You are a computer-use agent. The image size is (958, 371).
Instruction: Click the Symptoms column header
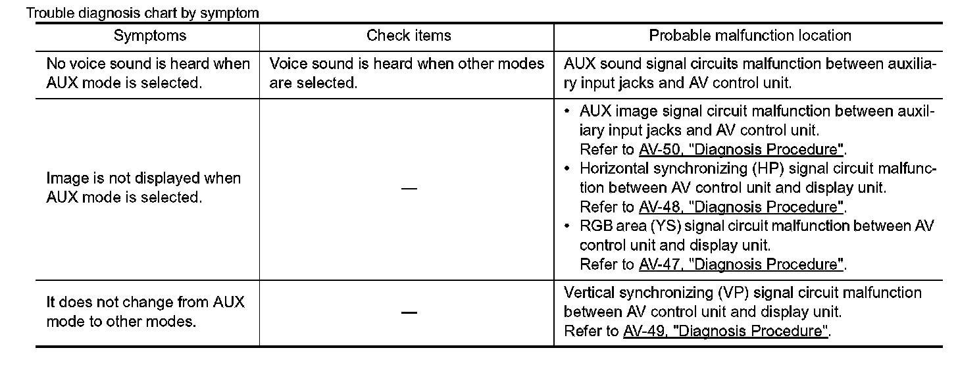pos(150,36)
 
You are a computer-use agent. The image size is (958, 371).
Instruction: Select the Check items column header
pos(409,36)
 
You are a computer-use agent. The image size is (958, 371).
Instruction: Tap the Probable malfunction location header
pos(750,36)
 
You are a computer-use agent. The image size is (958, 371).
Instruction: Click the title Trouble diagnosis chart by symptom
pos(143,12)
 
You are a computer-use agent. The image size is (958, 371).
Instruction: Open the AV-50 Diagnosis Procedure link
pos(742,149)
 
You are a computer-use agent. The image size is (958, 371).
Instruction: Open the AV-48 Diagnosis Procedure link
pos(742,207)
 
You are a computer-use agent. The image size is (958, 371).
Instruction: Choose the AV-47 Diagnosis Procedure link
pos(742,264)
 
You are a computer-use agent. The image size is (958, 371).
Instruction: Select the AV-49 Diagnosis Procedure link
pos(726,331)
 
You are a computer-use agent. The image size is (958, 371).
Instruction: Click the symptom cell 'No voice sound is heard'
pos(148,74)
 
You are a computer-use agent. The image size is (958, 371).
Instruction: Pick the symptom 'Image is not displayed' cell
pos(143,187)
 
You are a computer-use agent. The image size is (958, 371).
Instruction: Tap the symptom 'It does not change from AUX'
pos(145,312)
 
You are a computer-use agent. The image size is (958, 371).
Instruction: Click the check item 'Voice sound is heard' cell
pos(407,74)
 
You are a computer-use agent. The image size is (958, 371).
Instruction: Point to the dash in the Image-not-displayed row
pos(409,189)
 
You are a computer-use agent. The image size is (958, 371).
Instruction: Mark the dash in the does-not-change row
pos(409,312)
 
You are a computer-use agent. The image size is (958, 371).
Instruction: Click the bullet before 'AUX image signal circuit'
pos(568,111)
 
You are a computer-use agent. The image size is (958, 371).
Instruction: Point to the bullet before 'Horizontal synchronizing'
pos(568,168)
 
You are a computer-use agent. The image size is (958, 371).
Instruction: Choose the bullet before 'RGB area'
pos(568,226)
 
